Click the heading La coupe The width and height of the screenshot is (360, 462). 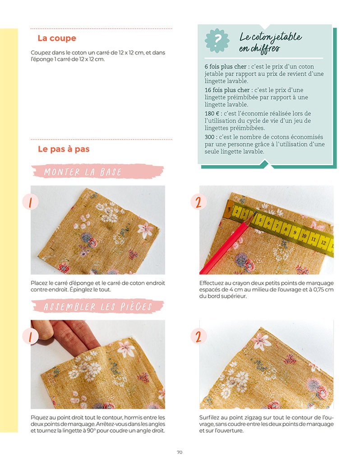pos(57,38)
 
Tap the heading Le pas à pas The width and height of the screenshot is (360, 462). pos(64,149)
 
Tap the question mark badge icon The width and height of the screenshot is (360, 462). pos(217,40)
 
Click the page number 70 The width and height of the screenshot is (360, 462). pos(180,452)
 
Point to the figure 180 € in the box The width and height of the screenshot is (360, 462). pos(212,113)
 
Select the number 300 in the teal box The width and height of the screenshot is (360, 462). pos(209,137)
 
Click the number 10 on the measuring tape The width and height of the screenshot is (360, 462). pos(304,236)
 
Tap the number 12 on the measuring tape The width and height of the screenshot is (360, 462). pos(323,242)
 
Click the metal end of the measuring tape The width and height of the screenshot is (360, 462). pos(229,209)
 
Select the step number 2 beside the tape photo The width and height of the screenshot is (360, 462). pos(198,202)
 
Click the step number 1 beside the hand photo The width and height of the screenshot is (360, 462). pos(30,337)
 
